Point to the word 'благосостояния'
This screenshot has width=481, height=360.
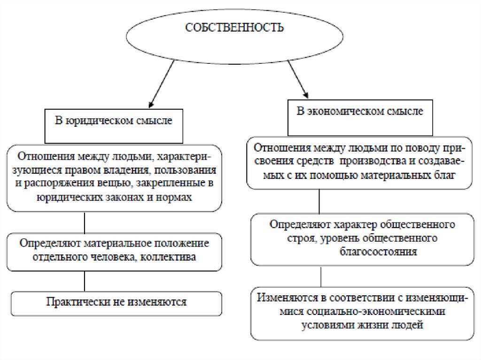379,252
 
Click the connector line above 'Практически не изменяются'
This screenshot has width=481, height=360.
84,281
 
